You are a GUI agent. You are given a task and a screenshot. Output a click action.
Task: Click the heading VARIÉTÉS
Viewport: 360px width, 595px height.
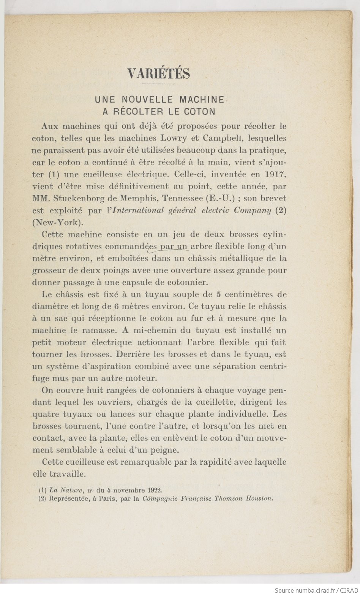pos(159,73)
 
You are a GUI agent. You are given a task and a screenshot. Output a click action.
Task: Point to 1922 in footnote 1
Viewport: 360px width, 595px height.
pos(153,490)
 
